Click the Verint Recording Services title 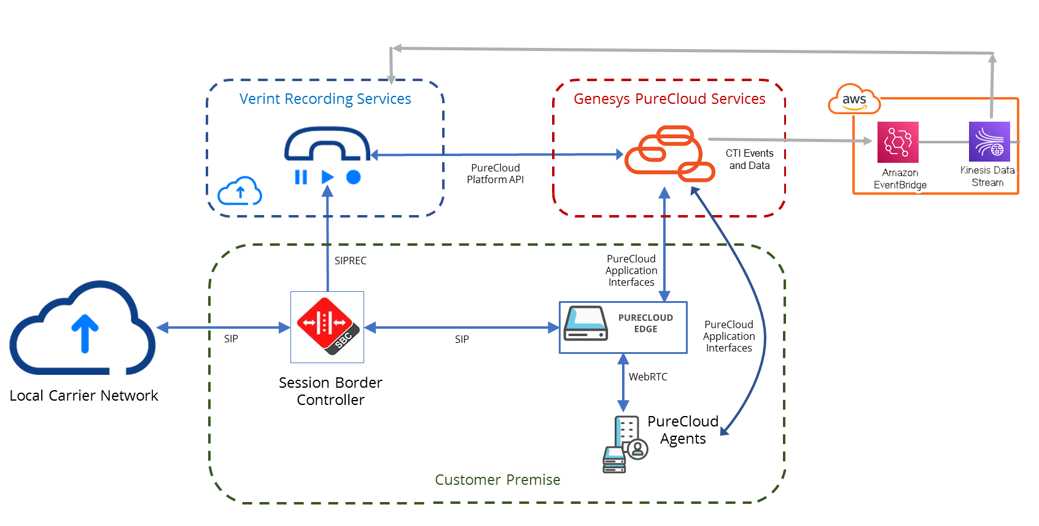pyautogui.click(x=325, y=99)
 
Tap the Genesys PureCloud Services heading pyautogui.click(x=669, y=99)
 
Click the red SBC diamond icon pyautogui.click(x=326, y=326)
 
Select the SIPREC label pyautogui.click(x=350, y=261)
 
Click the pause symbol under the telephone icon pyautogui.click(x=301, y=178)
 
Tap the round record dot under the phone pyautogui.click(x=353, y=177)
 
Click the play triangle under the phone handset pyautogui.click(x=327, y=177)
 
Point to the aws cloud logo pyautogui.click(x=854, y=100)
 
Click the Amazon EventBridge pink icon pyautogui.click(x=897, y=142)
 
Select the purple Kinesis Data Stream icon pyautogui.click(x=989, y=141)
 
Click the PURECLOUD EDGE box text pyautogui.click(x=645, y=323)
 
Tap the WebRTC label pyautogui.click(x=648, y=377)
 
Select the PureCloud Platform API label pyautogui.click(x=495, y=173)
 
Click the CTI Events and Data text pyautogui.click(x=749, y=159)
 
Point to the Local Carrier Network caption pyautogui.click(x=84, y=395)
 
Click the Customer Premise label pyautogui.click(x=497, y=479)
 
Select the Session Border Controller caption pyautogui.click(x=330, y=391)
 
